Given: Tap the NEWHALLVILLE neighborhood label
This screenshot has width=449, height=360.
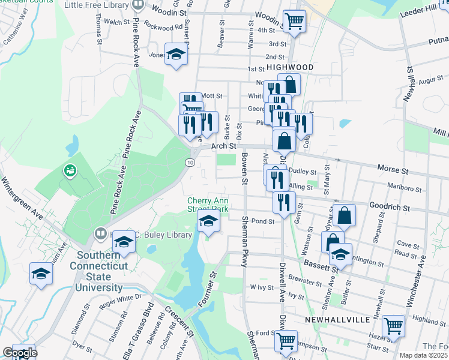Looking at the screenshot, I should pos(337,320).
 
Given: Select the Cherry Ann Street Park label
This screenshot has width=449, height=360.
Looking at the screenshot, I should pos(208,205).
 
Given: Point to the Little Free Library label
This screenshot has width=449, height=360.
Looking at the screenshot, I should pos(97,5).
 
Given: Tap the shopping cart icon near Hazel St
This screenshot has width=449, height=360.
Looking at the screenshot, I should pos(393,326).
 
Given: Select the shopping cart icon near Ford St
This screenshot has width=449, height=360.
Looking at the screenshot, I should pos(286,341).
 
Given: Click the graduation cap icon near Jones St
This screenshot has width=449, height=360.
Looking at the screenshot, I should pos(176,55).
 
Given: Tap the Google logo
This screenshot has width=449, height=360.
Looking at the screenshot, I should pos(19,353).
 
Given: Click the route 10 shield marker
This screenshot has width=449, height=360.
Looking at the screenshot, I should pos(190,163).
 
